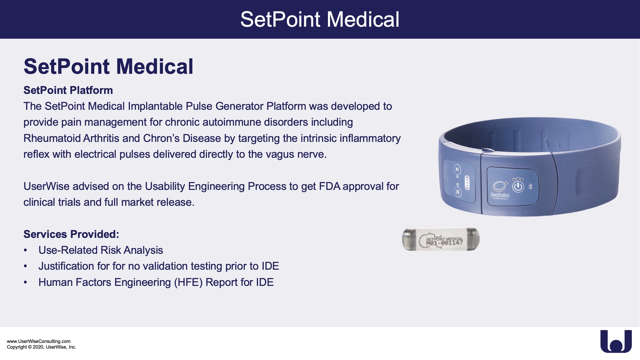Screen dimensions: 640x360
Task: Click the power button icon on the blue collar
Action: point(518,187)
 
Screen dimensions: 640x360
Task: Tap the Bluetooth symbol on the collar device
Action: point(530,187)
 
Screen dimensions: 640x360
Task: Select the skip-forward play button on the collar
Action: point(457,169)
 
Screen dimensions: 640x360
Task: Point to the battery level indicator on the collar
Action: point(467,182)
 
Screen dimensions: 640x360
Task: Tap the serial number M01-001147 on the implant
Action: point(444,243)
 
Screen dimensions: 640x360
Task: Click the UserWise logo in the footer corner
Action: point(616,341)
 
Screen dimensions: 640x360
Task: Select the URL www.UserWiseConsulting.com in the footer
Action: point(39,341)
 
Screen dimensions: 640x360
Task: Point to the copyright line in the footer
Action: point(41,347)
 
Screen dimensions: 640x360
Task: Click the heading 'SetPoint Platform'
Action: point(68,90)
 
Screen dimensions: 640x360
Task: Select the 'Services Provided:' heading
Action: point(71,234)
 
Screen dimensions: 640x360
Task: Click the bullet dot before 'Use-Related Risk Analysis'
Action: point(26,250)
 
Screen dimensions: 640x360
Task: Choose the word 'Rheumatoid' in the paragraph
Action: point(52,138)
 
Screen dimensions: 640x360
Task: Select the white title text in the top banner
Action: point(320,19)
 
